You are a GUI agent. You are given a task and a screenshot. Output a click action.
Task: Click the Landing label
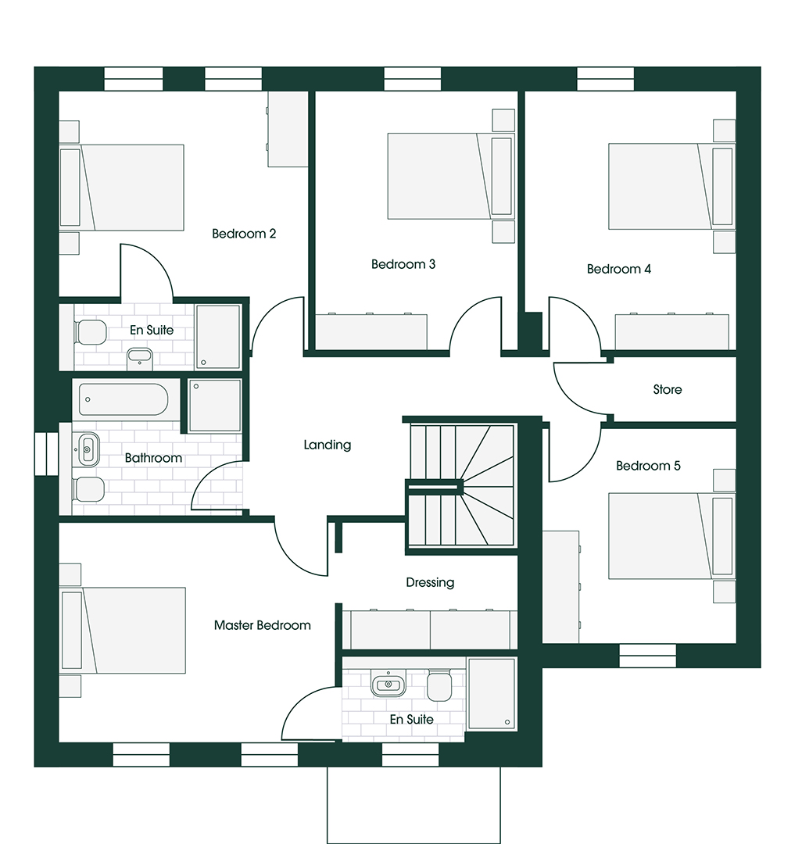[x=328, y=445]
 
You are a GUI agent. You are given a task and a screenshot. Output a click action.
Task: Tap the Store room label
[x=668, y=389]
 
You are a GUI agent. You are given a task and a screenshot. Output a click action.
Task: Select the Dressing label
[x=430, y=582]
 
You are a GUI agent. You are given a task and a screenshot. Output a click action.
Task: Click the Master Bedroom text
[x=262, y=625]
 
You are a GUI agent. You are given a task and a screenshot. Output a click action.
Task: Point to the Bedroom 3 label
[x=403, y=264]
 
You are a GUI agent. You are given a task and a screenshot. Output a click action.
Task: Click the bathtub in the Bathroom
[x=124, y=399]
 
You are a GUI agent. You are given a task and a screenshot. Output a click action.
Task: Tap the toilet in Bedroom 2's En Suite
[x=91, y=332]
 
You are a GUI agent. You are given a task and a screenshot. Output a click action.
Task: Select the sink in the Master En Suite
[x=388, y=685]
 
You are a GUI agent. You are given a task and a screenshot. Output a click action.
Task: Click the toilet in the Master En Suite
[x=439, y=686]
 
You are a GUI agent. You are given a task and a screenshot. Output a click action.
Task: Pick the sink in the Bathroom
[x=88, y=449]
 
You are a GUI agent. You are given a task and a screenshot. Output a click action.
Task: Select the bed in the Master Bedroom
[x=123, y=631]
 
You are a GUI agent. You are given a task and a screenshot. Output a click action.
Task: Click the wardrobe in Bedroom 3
[x=371, y=331]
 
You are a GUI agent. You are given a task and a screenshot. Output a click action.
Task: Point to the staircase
[x=460, y=485]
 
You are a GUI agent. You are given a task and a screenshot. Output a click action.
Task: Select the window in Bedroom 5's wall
[x=647, y=656]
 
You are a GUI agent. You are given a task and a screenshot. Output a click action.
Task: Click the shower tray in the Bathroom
[x=214, y=405]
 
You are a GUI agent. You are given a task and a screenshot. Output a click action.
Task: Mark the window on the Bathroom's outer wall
[x=47, y=454]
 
